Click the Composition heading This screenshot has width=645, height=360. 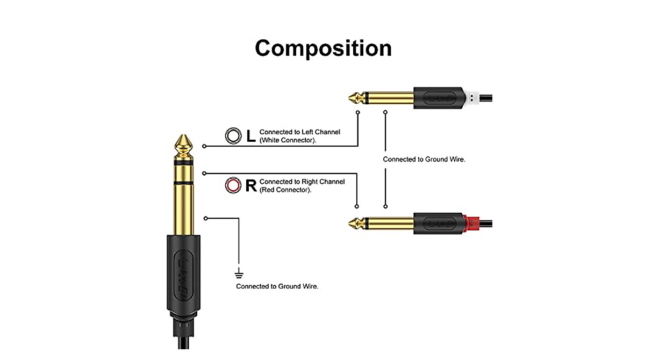(323, 48)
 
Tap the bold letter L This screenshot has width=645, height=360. (250, 136)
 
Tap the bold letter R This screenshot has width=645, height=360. (250, 186)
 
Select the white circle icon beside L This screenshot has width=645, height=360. (233, 136)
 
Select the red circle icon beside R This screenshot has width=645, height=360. (233, 186)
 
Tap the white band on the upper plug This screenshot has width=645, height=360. (471, 98)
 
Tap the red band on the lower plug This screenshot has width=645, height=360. (471, 222)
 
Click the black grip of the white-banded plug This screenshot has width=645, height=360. (438, 98)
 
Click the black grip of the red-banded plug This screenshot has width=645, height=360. (438, 222)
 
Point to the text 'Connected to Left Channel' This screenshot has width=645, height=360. (300, 132)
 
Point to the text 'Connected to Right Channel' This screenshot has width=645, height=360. (302, 182)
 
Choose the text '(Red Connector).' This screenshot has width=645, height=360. (285, 190)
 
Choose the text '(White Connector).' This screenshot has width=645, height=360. (288, 140)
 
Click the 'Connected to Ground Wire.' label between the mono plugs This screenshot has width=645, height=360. (424, 160)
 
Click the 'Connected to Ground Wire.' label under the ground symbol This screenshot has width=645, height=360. (277, 286)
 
